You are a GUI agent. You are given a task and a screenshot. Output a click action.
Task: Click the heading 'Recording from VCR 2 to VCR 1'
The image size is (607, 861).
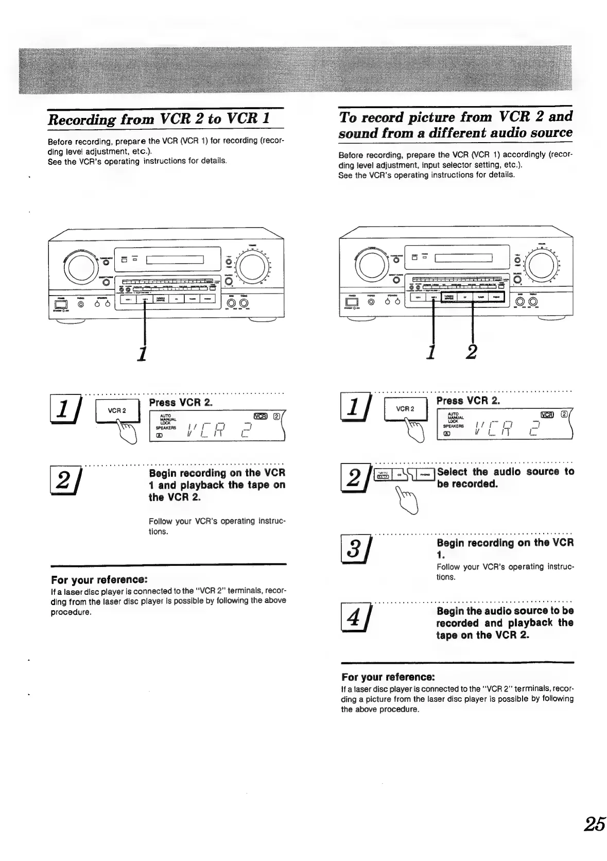(159, 119)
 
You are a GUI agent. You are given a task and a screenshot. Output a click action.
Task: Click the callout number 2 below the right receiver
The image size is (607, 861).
(471, 352)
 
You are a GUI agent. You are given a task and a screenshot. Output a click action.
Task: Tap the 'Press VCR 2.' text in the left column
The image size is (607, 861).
(181, 402)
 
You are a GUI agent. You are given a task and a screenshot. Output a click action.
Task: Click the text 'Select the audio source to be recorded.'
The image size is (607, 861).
(505, 477)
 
